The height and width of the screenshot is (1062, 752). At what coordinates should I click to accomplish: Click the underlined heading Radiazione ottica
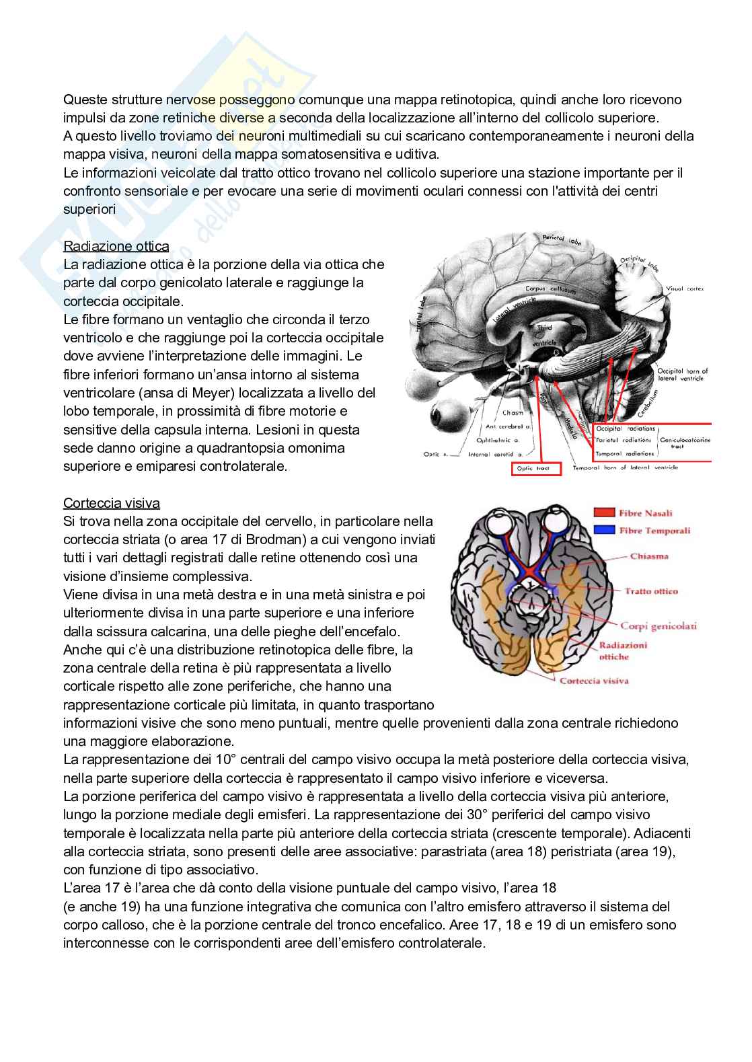coord(116,245)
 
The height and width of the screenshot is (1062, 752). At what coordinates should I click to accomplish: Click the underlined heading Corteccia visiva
coord(111,502)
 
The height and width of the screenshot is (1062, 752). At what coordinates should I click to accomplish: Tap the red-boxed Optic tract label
coord(536,469)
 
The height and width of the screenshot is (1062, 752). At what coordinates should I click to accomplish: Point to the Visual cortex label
coord(685,289)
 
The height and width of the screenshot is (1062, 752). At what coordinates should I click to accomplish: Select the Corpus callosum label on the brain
coord(550,290)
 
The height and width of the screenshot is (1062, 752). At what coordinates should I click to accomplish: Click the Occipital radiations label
coord(626,428)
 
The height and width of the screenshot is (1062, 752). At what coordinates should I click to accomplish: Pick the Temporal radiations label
coord(625,454)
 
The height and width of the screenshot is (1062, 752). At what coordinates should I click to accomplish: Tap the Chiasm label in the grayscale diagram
coord(513,413)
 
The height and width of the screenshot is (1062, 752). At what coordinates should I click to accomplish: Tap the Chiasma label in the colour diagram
coord(649,556)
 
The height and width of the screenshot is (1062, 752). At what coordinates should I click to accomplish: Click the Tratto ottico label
coord(650,591)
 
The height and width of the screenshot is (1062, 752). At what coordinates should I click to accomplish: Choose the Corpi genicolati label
coord(658,625)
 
